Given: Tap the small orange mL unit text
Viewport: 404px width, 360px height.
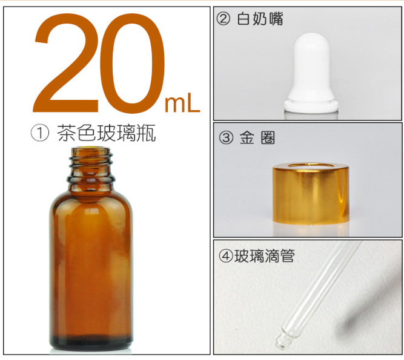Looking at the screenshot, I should point(182,104).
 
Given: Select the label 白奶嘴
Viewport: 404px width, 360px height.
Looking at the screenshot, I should point(260,20).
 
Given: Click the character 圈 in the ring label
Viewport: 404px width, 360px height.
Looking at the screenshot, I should point(267,139).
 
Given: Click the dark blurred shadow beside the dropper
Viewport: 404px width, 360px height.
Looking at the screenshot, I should point(369,303).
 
